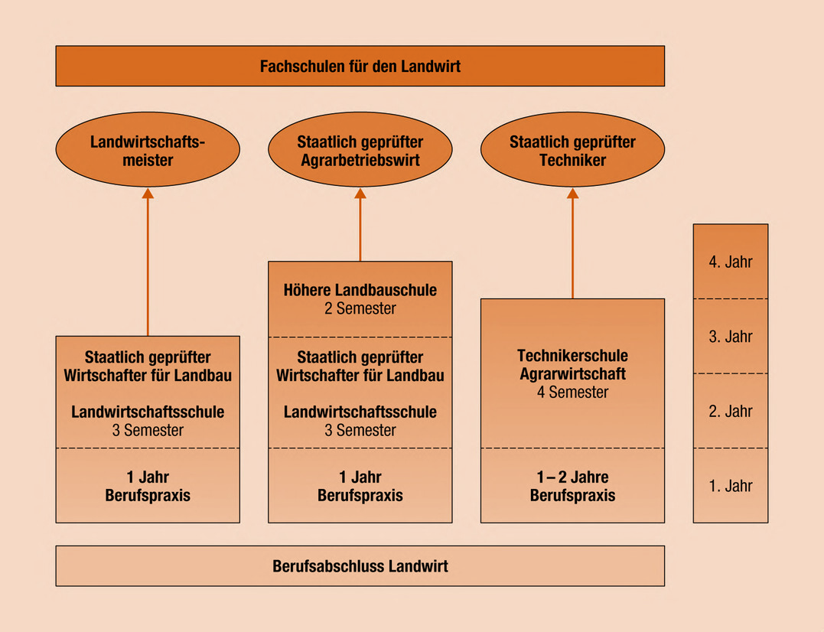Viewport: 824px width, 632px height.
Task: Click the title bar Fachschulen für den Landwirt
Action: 360,66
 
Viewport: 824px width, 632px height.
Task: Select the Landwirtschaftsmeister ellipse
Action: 148,151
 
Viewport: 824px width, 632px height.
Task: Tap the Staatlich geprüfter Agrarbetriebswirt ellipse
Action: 360,151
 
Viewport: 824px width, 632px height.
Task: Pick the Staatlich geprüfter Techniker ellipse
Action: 572,151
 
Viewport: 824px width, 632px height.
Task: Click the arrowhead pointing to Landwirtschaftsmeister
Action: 148,194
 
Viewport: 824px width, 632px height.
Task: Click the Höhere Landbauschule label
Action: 360,291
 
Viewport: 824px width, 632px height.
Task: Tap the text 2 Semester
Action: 360,309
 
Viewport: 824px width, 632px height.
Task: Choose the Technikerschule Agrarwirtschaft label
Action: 572,365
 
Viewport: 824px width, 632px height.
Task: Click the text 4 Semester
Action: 572,393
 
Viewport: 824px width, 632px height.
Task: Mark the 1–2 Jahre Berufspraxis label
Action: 572,487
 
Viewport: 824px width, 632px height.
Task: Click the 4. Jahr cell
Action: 731,262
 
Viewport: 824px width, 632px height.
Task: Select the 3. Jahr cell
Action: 731,337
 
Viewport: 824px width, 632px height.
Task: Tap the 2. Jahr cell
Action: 731,411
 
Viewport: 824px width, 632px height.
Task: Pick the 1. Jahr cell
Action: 731,486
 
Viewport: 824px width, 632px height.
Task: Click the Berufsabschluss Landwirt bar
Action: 360,567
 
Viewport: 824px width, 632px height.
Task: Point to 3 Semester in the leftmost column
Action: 148,430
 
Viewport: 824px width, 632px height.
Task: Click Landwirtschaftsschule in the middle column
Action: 360,412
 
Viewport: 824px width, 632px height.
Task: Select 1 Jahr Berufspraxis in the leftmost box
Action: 148,487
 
